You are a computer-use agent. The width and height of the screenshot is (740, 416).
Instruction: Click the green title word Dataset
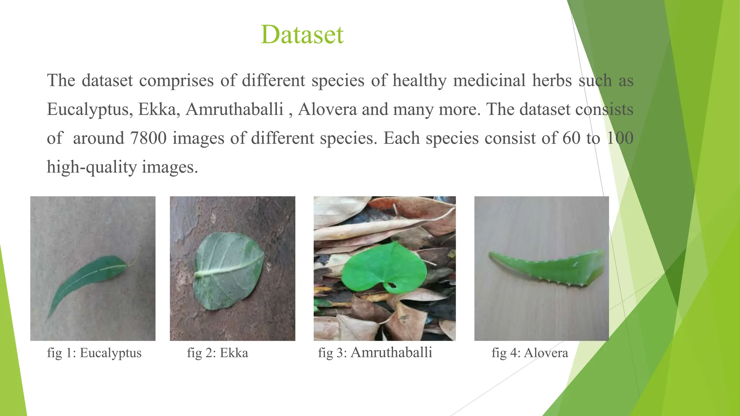tap(302, 35)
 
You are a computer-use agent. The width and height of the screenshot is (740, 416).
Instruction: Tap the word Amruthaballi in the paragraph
tap(235, 109)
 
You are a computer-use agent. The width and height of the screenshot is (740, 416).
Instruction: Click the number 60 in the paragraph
tap(571, 138)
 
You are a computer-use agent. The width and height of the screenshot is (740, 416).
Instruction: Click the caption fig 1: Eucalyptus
tap(94, 353)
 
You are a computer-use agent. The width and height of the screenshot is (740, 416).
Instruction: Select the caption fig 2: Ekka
tap(218, 353)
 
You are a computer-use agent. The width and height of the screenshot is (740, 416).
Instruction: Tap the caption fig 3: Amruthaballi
tap(375, 352)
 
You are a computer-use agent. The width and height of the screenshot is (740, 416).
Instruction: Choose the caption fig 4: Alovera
tap(530, 353)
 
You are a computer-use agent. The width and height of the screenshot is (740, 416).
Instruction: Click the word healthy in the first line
tap(420, 80)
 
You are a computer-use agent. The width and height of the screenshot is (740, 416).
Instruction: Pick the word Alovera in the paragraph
tap(327, 109)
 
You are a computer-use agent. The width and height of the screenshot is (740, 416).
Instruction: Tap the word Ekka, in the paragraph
tap(159, 109)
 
